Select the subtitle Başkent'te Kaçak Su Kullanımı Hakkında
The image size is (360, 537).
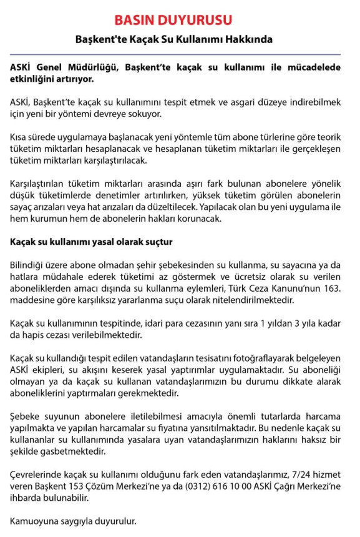(x=180, y=39)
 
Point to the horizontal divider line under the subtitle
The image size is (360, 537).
(x=180, y=54)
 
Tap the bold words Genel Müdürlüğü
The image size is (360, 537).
(x=77, y=67)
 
